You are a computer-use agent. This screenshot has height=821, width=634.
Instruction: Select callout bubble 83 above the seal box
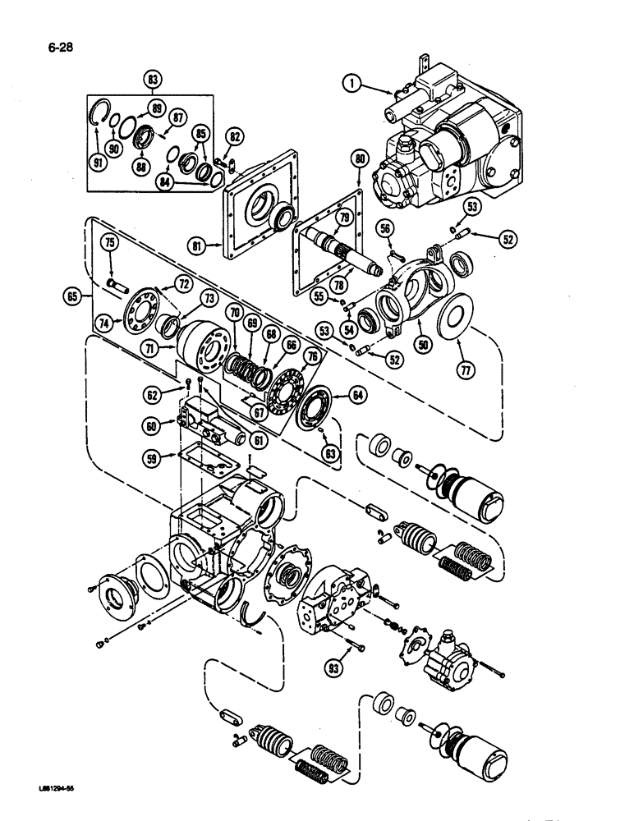tap(153, 80)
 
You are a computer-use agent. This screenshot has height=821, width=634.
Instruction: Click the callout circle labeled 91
tap(99, 162)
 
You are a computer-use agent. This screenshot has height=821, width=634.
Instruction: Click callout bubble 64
tap(356, 395)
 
